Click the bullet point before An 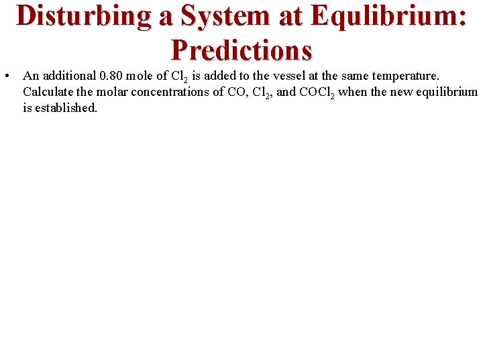pos(6,76)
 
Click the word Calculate pos(48,92)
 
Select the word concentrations pos(170,92)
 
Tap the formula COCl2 pos(315,93)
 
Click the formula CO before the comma pos(236,92)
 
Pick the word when pos(352,92)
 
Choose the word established pos(66,107)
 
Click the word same pos(355,76)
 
